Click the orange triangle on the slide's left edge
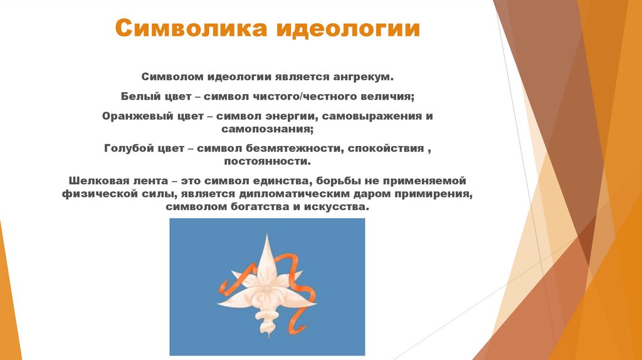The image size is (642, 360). [9, 295]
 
